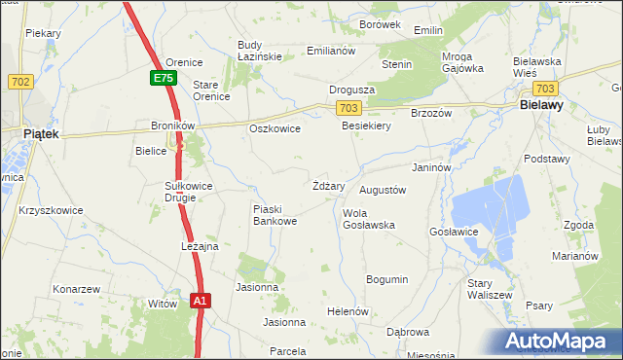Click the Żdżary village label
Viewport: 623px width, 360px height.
tap(328, 185)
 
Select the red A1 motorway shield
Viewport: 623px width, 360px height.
tap(200, 301)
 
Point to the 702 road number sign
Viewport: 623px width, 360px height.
tap(19, 82)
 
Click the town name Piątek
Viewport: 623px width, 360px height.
tap(42, 134)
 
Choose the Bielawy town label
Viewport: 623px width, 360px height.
tap(544, 102)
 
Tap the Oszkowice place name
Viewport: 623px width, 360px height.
tap(275, 128)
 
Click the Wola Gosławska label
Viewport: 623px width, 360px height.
tap(368, 219)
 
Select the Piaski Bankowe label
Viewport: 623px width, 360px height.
tap(275, 215)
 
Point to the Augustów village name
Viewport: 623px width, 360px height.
tap(383, 191)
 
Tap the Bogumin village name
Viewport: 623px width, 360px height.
tap(386, 279)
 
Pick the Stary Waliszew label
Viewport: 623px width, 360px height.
tap(490, 289)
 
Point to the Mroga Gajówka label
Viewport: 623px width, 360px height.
tap(462, 62)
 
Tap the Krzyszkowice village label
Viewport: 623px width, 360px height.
tap(51, 210)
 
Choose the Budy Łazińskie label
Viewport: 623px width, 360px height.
tap(260, 51)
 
